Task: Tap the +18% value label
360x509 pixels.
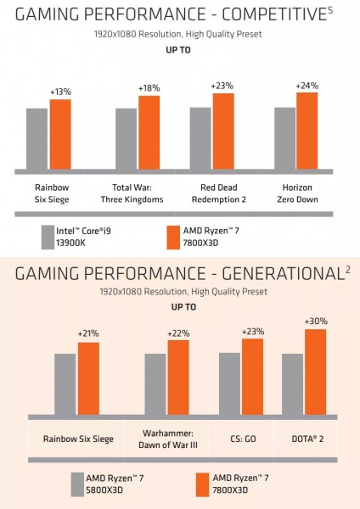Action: click(x=149, y=88)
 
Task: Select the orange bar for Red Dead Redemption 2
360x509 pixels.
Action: click(x=223, y=131)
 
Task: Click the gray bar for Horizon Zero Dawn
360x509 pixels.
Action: click(x=284, y=138)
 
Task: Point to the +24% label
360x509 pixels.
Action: click(x=306, y=86)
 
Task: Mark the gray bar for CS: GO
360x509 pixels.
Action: click(x=229, y=383)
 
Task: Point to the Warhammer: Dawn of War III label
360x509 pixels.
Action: click(x=166, y=444)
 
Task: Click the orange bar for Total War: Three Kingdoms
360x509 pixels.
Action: click(x=149, y=132)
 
